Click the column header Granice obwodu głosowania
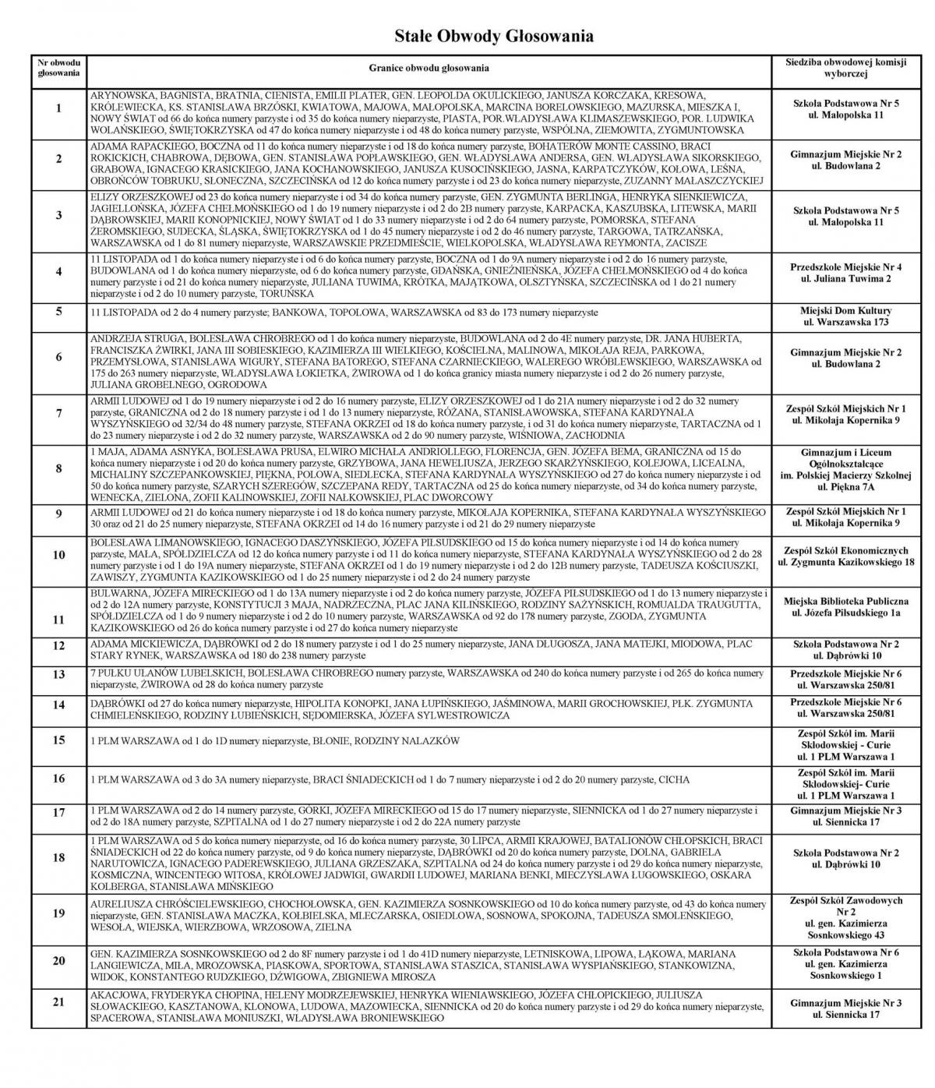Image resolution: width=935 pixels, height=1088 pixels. coord(429,69)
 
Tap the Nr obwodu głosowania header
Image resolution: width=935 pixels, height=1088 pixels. coord(59,69)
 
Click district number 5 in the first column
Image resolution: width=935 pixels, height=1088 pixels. coord(59,313)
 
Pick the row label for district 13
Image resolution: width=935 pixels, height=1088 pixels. coord(59,675)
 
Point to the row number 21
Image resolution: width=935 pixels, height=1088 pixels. coord(59,1002)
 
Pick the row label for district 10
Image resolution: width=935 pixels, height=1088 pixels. coord(59,556)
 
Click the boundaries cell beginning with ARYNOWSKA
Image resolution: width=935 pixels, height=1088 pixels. coord(429,112)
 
